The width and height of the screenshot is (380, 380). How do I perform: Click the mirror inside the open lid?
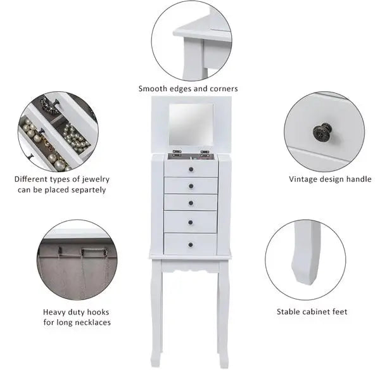[x=191, y=125]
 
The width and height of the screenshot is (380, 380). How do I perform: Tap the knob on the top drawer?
[x=191, y=168]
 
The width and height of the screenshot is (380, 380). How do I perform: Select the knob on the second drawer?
[x=191, y=186]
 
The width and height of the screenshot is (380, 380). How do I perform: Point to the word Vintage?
[x=303, y=179]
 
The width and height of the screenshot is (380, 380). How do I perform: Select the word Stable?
[x=289, y=312]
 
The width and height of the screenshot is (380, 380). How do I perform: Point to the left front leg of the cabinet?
[x=156, y=310]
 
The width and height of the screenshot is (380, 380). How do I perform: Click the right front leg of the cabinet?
[x=223, y=310]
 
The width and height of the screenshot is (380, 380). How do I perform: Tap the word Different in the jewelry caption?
[x=32, y=179]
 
